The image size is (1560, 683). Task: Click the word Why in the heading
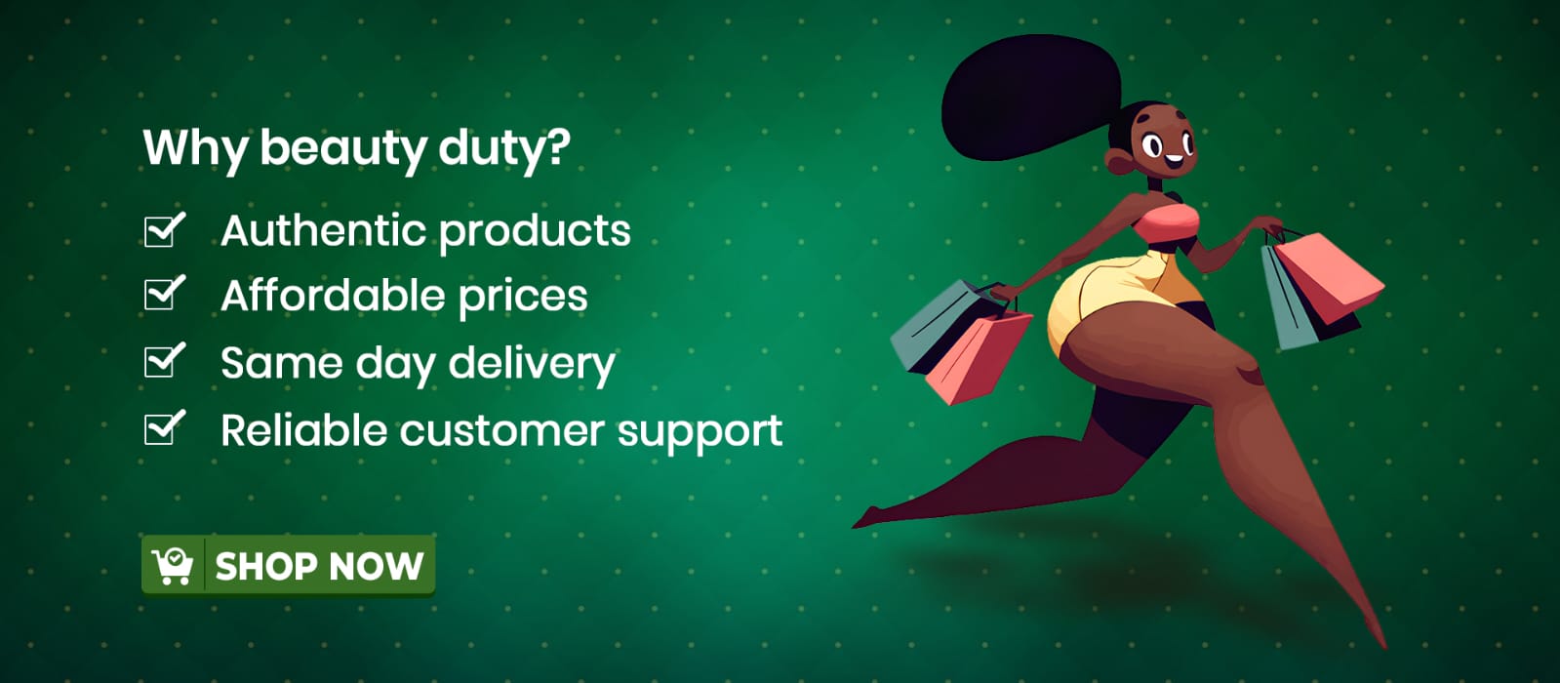[x=195, y=148]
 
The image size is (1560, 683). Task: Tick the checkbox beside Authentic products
[x=164, y=229]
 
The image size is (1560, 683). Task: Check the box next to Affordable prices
[x=164, y=293]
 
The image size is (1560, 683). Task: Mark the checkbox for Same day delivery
[x=164, y=360]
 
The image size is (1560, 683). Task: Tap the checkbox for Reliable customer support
[x=164, y=427]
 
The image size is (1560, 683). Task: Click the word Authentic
[x=323, y=229]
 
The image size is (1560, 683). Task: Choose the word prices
[x=523, y=298]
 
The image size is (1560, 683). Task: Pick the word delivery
[x=532, y=363]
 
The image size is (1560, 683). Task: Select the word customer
[x=502, y=431]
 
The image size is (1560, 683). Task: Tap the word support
[x=700, y=434]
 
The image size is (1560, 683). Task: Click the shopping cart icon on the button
[x=172, y=565]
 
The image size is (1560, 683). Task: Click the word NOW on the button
[x=376, y=566]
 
